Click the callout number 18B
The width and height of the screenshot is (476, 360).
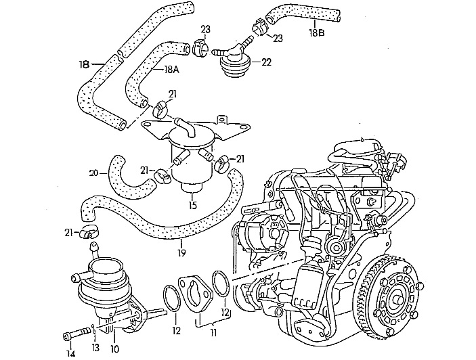click(x=317, y=32)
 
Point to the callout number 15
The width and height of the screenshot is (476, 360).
click(x=193, y=205)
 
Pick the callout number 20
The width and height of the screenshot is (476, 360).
click(x=93, y=173)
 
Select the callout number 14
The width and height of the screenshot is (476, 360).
click(x=70, y=351)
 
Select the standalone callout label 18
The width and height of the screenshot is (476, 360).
click(x=83, y=64)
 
